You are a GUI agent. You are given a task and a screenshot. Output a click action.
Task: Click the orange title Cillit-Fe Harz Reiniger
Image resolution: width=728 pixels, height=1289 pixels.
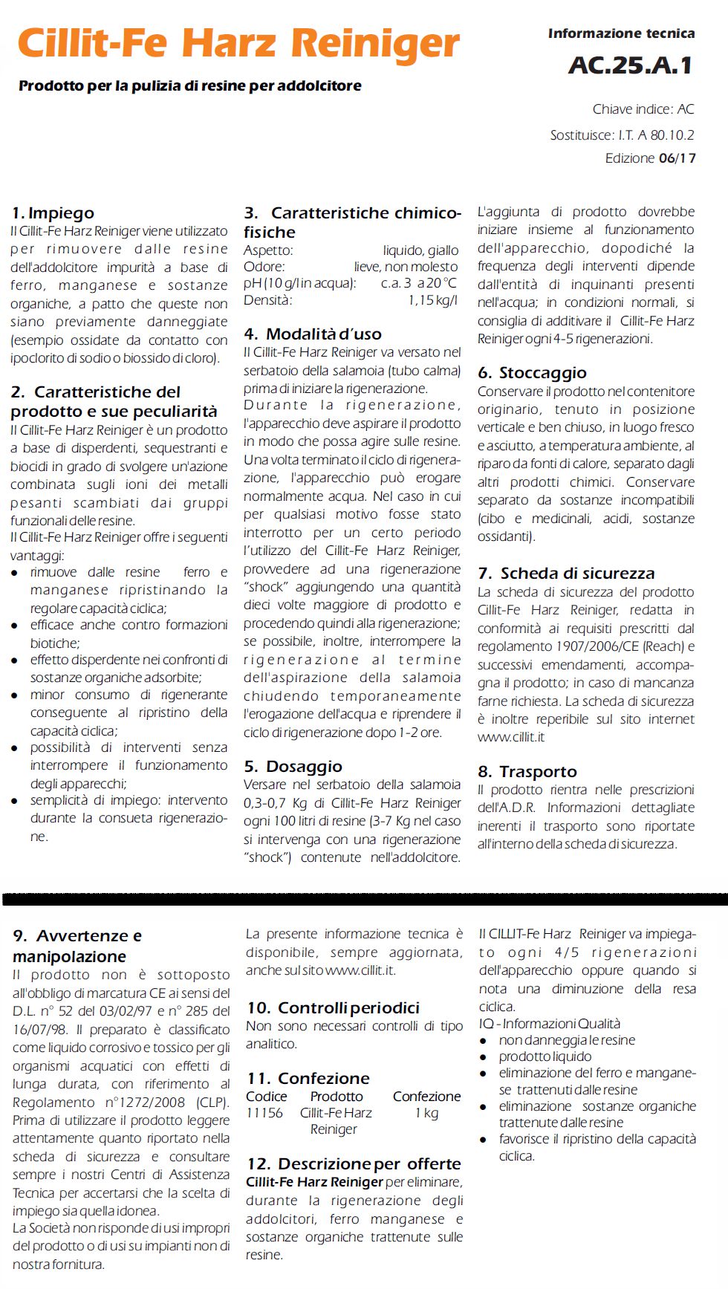pos(238,43)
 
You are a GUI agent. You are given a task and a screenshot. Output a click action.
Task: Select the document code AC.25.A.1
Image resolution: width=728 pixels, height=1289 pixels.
pos(630,65)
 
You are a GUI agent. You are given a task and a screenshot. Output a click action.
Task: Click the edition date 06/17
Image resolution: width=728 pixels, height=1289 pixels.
pos(677,158)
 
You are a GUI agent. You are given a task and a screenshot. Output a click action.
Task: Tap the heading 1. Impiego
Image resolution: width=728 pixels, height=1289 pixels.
pos(53,213)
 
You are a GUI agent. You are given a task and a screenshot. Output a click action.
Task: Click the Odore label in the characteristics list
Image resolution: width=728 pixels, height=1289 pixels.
pos(264,267)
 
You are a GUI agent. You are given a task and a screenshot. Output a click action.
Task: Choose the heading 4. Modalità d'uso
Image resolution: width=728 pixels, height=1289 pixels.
pos(313,334)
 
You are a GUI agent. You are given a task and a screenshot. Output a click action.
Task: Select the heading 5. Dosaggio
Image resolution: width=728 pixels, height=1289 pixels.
pos(293,767)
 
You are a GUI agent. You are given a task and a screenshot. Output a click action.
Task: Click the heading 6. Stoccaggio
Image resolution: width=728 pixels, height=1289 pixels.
pos(532,373)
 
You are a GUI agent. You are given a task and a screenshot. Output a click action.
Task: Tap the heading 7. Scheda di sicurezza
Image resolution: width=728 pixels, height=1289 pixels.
pos(566,574)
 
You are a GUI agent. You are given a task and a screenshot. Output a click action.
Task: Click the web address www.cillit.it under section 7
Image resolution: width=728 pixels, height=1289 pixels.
pos(511,737)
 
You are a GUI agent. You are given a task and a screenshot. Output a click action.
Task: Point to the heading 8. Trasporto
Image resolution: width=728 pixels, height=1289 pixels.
pos(527,772)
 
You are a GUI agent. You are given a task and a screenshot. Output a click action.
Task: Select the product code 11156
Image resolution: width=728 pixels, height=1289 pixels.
pos(264,1113)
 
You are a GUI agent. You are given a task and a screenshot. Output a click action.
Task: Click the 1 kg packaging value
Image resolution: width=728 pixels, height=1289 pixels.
pos(426,1113)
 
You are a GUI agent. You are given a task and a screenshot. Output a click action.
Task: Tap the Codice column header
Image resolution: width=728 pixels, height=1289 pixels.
pos(266,1097)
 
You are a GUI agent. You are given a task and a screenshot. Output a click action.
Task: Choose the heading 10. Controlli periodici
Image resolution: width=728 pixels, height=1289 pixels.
pos(333,1008)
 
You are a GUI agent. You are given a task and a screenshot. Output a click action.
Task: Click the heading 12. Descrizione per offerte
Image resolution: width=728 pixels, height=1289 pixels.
pos(354,1164)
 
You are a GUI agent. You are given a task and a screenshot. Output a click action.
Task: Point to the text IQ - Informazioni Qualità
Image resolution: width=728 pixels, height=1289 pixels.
pos(549,1024)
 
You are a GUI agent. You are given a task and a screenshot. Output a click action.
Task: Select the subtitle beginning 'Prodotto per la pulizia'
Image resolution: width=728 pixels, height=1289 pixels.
pos(190,86)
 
